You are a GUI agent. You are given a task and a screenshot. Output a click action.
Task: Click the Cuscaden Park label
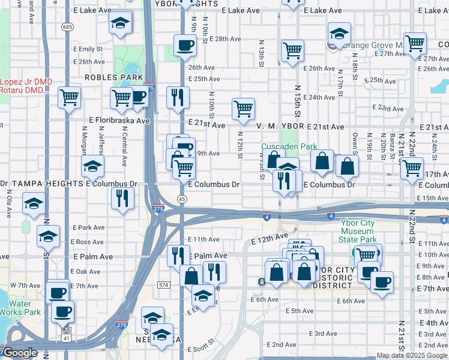click(289, 146)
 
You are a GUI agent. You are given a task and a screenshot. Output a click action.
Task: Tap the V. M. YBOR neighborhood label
click(280, 127)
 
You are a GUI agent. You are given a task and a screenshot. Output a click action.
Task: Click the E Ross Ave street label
click(88, 242)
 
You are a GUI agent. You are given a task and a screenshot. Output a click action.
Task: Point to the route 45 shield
click(181, 198)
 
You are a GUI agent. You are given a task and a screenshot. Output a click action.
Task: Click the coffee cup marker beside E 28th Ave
click(185, 44)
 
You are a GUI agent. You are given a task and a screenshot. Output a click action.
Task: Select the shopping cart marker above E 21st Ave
click(244, 109)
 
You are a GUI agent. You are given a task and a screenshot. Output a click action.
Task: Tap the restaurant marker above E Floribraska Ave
click(178, 97)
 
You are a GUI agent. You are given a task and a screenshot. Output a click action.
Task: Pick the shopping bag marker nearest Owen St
click(347, 166)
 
